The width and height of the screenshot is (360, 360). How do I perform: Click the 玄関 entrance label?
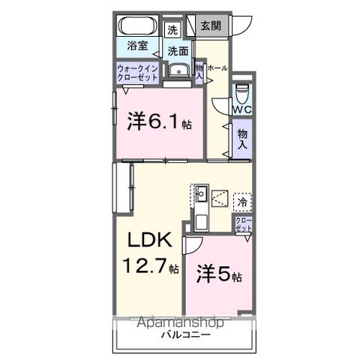click(211, 27)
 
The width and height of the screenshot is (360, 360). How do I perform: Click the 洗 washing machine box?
click(173, 31)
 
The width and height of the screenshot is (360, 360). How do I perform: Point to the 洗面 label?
click(178, 51)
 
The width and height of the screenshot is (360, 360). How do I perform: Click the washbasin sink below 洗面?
click(178, 71)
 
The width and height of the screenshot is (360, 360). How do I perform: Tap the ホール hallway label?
click(217, 68)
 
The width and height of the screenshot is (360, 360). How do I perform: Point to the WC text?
click(241, 109)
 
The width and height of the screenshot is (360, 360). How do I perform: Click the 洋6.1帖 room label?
click(158, 122)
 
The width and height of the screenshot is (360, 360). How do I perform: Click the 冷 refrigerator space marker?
click(242, 201)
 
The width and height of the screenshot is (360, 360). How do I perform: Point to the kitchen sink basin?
click(200, 197)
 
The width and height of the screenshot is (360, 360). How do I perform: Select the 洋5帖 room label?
click(218, 272)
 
